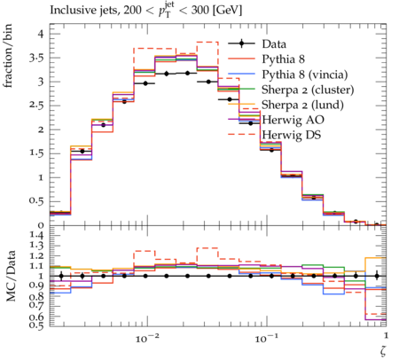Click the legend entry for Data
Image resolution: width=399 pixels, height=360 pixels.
274,44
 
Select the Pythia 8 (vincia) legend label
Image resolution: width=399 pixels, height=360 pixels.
305,74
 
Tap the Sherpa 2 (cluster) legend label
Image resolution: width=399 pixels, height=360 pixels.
308,90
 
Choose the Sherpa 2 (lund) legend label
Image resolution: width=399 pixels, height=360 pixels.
302,105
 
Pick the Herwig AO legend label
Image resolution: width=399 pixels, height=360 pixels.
293,120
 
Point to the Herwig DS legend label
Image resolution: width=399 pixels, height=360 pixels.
292,135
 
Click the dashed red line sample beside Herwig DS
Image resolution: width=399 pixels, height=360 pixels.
241,135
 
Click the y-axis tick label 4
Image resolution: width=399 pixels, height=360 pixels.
40,34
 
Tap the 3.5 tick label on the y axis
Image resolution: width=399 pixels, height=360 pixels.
36,58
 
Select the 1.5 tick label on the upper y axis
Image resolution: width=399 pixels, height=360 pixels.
36,153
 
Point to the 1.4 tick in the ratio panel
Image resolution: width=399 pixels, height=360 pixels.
36,236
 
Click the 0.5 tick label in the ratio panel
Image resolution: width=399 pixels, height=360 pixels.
36,325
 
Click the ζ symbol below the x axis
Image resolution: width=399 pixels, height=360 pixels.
383,350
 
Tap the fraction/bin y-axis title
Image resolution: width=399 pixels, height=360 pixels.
8,56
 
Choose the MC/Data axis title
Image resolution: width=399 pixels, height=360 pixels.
11,276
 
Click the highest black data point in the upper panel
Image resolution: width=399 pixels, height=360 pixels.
187,73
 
